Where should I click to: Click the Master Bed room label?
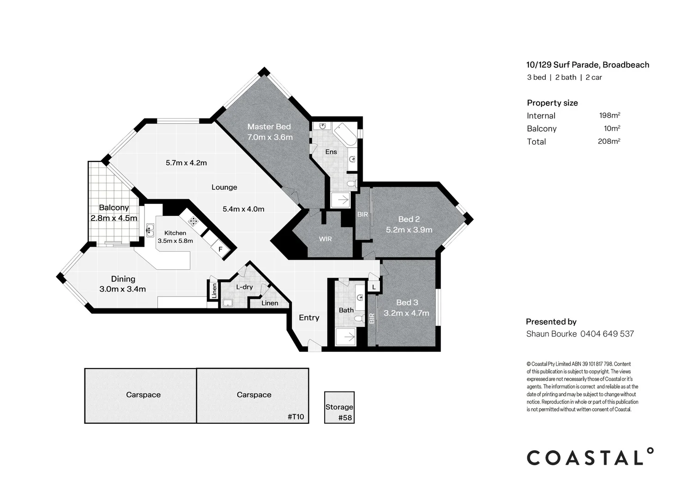pos(269,127)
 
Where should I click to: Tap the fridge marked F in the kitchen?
pos(220,249)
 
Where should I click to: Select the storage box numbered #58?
pos(339,408)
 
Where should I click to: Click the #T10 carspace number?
pos(296,417)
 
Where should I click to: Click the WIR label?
pos(325,239)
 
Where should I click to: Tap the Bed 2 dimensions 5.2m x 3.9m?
pos(409,230)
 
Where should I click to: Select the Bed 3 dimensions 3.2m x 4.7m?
pos(406,313)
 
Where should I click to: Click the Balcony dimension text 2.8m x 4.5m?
pos(114,218)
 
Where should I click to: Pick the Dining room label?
pos(123,279)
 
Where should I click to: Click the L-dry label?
pos(244,287)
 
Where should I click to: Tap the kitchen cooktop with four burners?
pos(193,221)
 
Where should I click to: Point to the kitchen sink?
pos(150,230)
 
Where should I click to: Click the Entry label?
pos(309,318)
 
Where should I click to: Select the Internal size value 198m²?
pos(609,116)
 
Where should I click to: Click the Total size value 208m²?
pos(609,142)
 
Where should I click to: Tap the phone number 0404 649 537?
pos(607,334)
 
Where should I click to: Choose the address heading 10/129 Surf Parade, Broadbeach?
pos(587,65)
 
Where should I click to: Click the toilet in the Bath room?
pos(362,318)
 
